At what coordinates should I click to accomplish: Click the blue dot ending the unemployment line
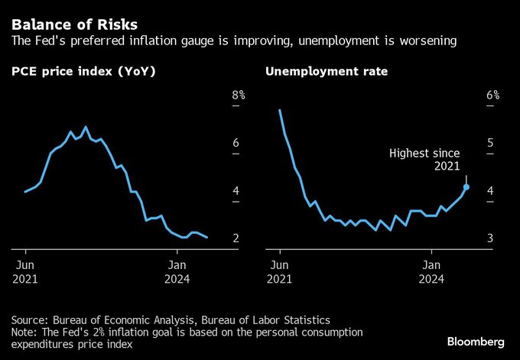point(466,186)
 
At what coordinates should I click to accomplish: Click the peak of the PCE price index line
point(86,127)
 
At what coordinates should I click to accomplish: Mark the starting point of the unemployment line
point(280,111)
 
